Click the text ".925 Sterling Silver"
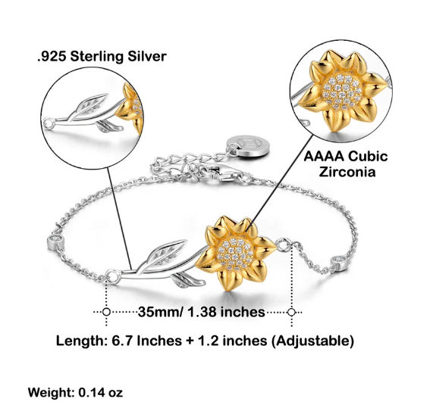102,57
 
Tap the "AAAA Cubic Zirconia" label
346,164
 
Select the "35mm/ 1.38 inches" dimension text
201,312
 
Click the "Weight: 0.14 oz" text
75,392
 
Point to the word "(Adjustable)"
312,341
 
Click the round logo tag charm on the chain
247,145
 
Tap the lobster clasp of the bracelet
221,172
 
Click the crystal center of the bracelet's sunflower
235,254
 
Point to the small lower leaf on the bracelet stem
188,281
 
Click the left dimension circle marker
106,312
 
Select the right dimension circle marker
291,313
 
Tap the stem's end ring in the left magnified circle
49,123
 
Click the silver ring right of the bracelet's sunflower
284,245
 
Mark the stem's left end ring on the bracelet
113,276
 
